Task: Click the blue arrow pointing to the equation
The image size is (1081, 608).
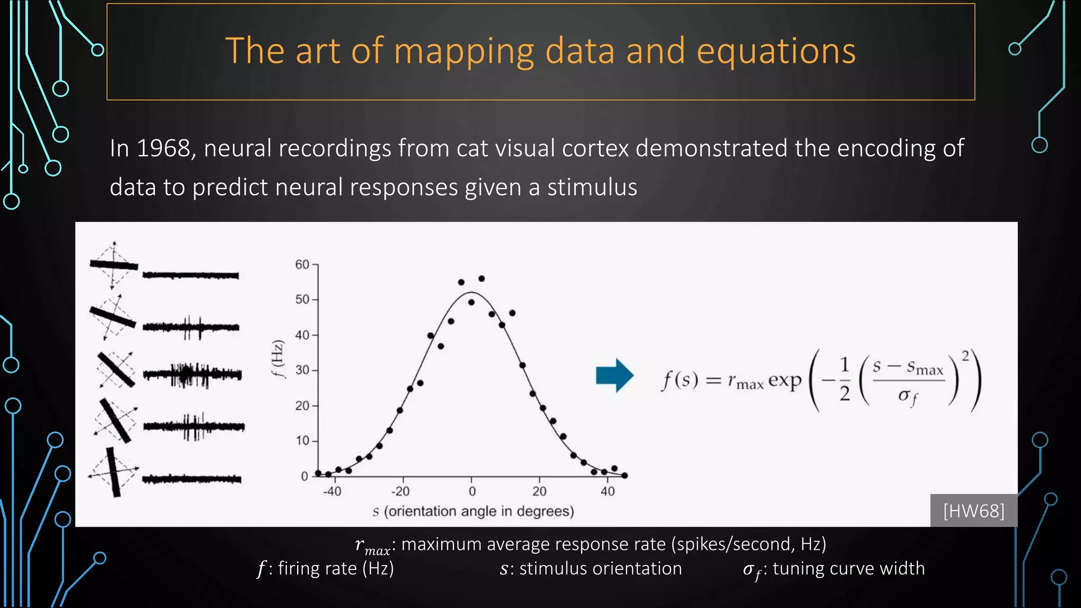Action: click(x=614, y=376)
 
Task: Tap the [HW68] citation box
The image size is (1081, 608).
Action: click(x=973, y=511)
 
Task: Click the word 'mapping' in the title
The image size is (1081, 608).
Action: click(x=464, y=52)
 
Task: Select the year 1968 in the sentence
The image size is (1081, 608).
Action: click(x=163, y=148)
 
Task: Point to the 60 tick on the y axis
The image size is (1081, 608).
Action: click(x=302, y=264)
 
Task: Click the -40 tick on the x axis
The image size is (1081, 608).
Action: click(x=332, y=491)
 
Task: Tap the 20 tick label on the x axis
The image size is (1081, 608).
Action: click(x=539, y=491)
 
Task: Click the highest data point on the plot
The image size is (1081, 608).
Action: click(x=481, y=279)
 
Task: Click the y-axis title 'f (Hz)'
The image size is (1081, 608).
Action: click(x=278, y=359)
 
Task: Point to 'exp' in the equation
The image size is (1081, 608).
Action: click(x=784, y=380)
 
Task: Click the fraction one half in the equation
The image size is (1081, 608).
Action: click(x=845, y=379)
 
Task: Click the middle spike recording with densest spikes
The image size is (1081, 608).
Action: click(x=192, y=375)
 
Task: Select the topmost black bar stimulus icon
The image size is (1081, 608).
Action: click(x=114, y=265)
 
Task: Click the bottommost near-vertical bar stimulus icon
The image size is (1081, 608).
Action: click(x=113, y=472)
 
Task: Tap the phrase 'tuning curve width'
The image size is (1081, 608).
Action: click(x=848, y=568)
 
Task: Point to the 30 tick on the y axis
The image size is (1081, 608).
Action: click(x=302, y=370)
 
